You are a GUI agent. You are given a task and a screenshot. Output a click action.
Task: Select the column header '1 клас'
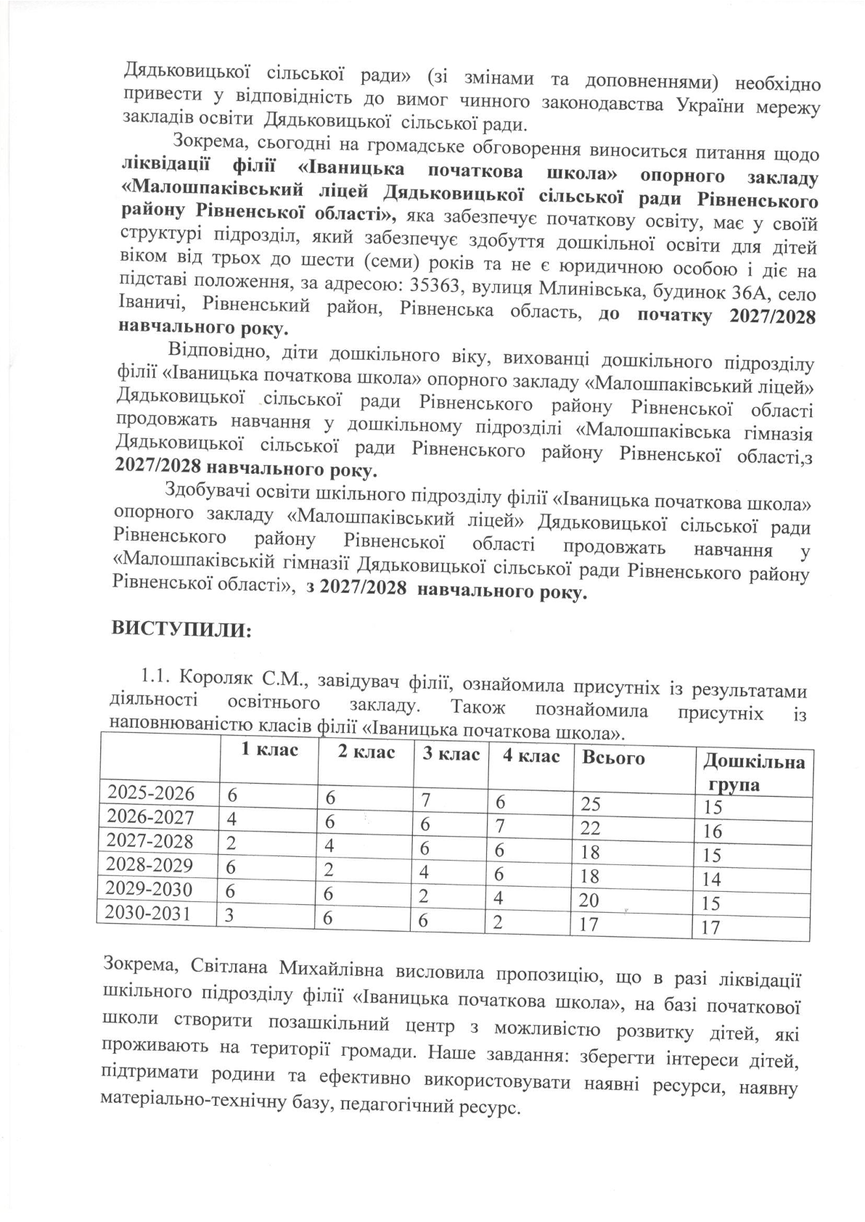tap(269, 750)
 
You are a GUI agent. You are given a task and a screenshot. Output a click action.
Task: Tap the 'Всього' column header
tap(613, 758)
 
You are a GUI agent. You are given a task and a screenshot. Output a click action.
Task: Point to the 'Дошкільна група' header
tap(753, 773)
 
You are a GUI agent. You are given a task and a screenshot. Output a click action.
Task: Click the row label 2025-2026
tap(151, 793)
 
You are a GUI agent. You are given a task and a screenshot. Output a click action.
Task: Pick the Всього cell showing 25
tap(590, 803)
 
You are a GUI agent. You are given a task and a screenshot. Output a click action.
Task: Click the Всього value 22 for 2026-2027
tap(590, 827)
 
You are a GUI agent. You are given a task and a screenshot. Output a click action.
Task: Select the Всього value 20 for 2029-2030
tap(589, 901)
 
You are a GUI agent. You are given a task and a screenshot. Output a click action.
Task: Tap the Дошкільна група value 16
tap(713, 831)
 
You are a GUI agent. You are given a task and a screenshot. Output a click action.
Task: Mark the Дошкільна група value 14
tap(712, 879)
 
